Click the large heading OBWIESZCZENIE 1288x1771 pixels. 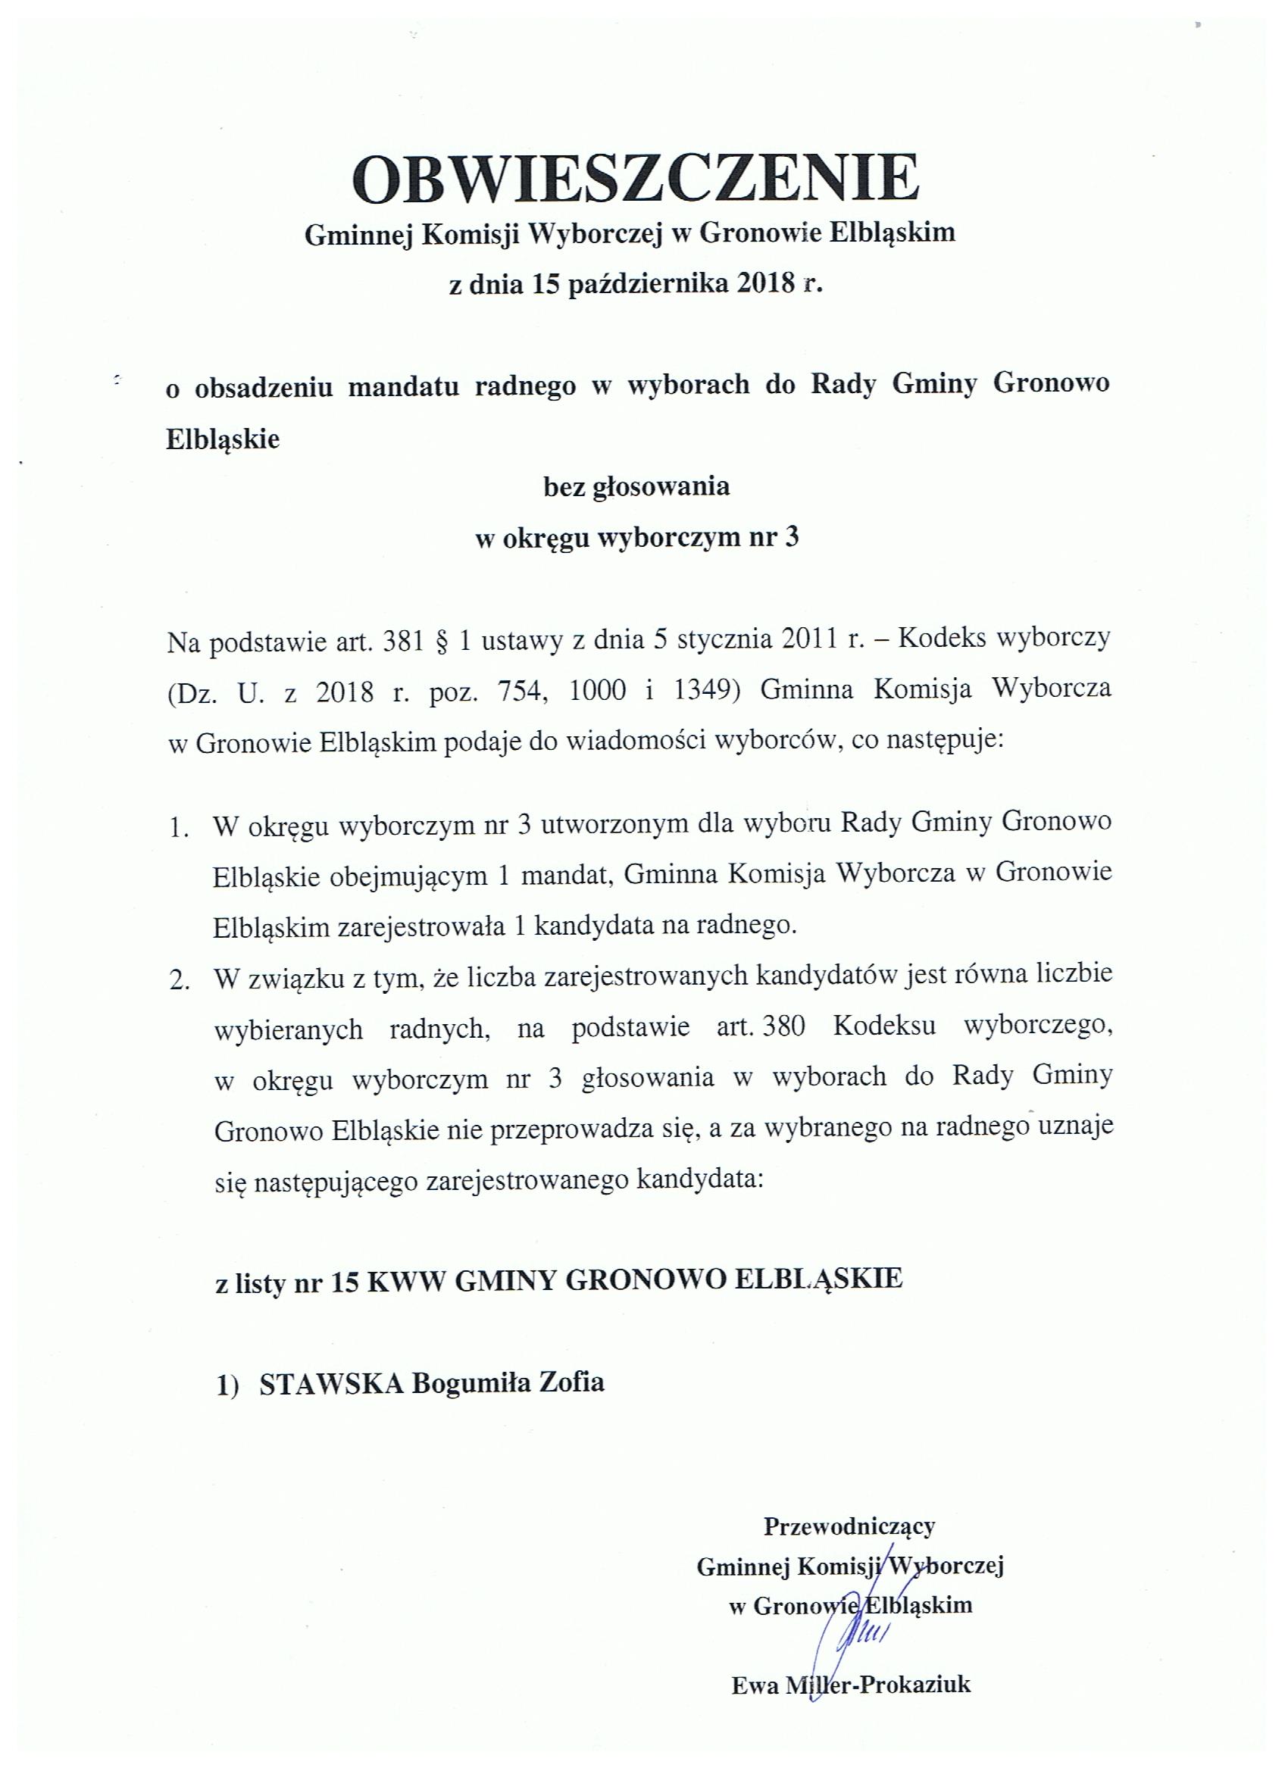tap(636, 179)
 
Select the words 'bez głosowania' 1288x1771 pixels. tap(636, 487)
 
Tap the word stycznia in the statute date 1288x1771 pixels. tap(722, 640)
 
